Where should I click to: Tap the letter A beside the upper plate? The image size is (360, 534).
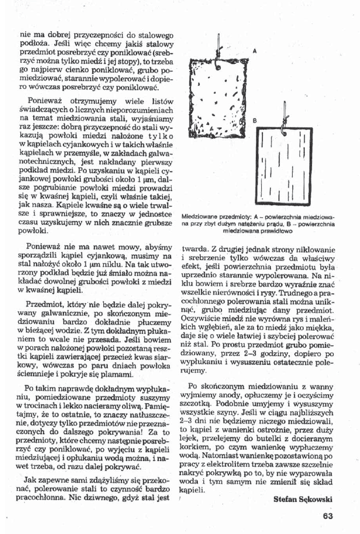coord(255,50)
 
